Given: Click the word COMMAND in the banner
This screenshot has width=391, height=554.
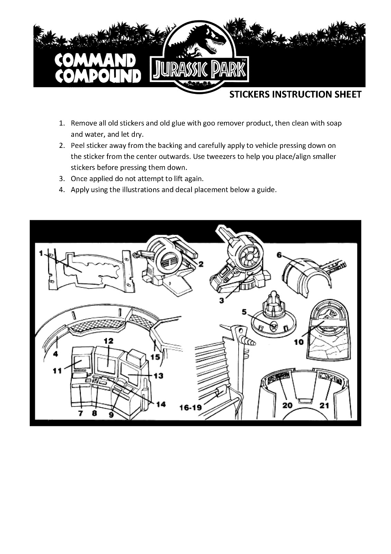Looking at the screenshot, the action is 95,61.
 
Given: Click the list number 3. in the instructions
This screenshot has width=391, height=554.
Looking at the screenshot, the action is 62,179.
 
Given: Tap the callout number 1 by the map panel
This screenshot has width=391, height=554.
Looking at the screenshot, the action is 41,253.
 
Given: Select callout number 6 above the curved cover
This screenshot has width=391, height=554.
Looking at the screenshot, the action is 279,255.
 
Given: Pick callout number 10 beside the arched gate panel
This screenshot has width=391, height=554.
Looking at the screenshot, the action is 299,342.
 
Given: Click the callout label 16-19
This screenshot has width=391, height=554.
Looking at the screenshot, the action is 190,407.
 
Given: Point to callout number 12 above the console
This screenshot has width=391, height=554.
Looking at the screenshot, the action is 109,341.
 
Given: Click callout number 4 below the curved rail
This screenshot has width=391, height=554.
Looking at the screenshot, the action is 56,354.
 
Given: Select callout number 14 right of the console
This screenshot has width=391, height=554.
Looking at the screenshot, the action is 160,404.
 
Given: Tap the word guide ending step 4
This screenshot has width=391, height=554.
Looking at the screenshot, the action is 267,190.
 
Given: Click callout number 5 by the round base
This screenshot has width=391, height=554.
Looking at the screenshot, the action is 244,312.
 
